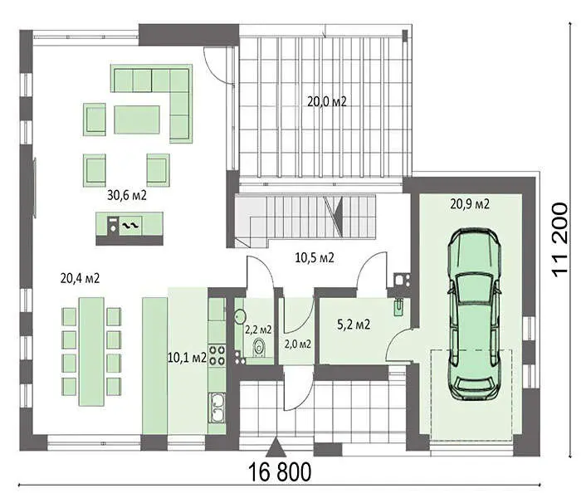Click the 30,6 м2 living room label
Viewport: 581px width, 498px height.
[127, 195]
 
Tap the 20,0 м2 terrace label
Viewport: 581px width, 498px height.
[327, 101]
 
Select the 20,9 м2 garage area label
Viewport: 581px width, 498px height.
[470, 203]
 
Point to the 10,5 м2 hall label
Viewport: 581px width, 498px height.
[315, 257]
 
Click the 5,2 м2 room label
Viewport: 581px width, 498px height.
[354, 325]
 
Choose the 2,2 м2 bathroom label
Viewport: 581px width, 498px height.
[258, 329]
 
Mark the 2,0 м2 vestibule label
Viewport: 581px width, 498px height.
[297, 344]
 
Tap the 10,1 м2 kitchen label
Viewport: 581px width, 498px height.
[187, 358]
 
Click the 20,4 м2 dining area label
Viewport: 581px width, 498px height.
[80, 278]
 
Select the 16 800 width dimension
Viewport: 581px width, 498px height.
[280, 472]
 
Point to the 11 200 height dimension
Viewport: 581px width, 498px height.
[559, 240]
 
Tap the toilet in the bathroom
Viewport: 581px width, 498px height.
[259, 348]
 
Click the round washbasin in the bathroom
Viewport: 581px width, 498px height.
[240, 316]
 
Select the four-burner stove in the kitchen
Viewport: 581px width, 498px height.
[217, 354]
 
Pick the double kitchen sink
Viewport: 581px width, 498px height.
[217, 408]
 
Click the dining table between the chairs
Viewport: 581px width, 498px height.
[91, 351]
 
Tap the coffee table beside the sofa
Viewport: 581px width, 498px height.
[137, 120]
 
